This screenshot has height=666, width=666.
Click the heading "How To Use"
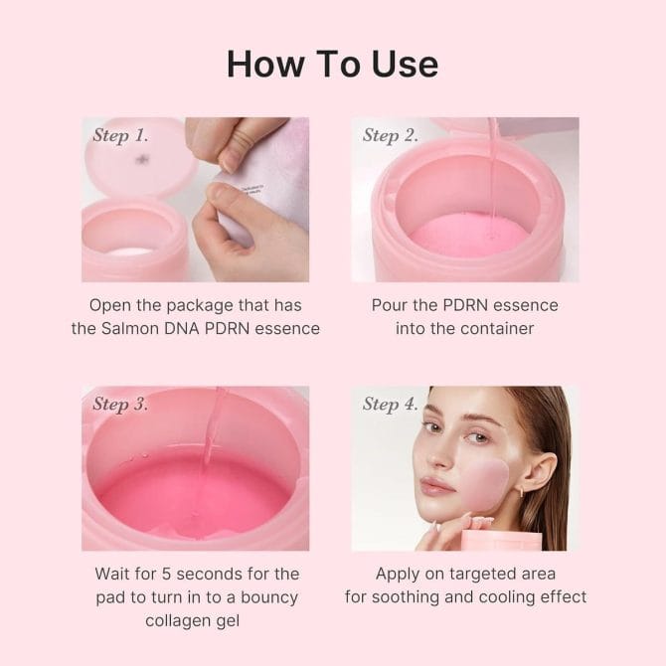[x=332, y=64]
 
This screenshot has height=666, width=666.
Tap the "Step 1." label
[x=120, y=135]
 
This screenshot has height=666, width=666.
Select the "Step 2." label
[x=390, y=135]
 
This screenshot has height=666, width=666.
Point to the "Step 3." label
[x=120, y=404]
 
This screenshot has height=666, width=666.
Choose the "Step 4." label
[x=390, y=404]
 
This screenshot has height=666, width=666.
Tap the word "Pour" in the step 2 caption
[x=391, y=305]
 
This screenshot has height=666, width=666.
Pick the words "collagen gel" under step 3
[x=196, y=621]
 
